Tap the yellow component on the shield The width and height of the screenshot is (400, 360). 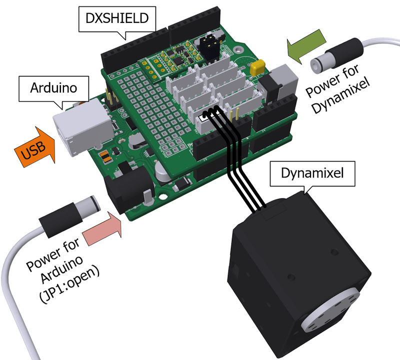click(258, 66)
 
